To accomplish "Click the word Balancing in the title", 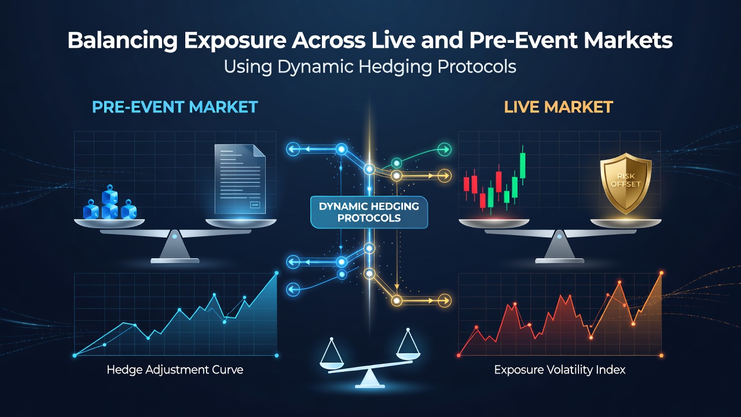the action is pos(122,41).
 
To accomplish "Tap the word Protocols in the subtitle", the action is pos(476,67).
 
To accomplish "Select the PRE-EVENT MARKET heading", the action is pos(175,107).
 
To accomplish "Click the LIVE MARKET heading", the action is pos(559,107).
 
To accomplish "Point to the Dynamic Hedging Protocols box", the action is pos(369,212).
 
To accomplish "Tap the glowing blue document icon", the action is pos(240,180).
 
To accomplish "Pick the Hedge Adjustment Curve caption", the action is pos(175,370).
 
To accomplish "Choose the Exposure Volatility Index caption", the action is pos(560,370).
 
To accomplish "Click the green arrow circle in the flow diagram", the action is pos(444,149).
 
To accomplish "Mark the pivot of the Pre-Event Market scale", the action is pos(175,236).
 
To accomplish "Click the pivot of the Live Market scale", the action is pos(559,236).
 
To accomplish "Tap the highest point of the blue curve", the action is pos(277,273).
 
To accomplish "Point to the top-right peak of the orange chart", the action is pos(662,273).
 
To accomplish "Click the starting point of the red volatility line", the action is pos(459,355).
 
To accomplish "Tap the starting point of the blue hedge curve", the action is pos(75,356).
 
